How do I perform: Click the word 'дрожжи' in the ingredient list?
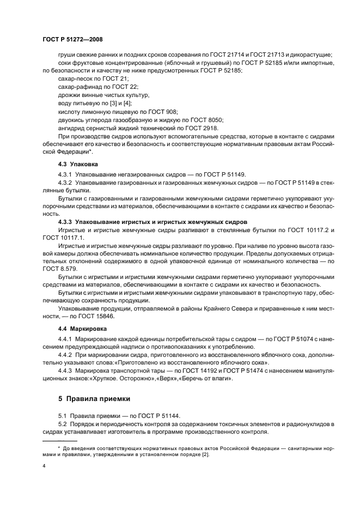tap(69, 95)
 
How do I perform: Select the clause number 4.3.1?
tap(65, 174)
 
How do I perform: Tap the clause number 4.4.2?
tap(65, 355)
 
